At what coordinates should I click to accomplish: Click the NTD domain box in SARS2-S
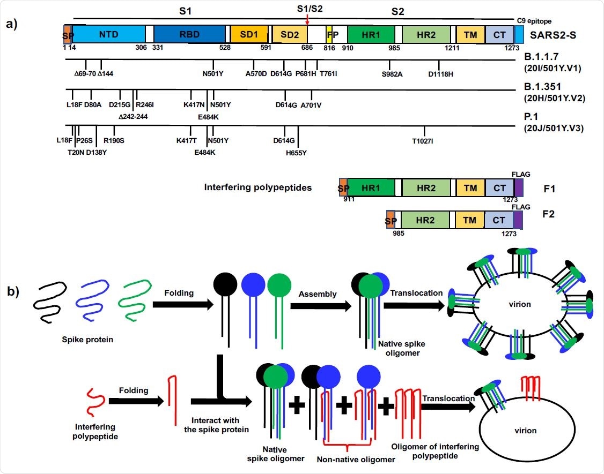[108, 34]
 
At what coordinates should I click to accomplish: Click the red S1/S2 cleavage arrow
[307, 19]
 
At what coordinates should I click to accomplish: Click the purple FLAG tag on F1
[519, 188]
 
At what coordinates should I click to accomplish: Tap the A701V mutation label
[311, 104]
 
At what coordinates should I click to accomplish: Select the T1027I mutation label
[422, 141]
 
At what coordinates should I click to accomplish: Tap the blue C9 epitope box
[519, 34]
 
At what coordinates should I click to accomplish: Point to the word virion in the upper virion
[520, 304]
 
